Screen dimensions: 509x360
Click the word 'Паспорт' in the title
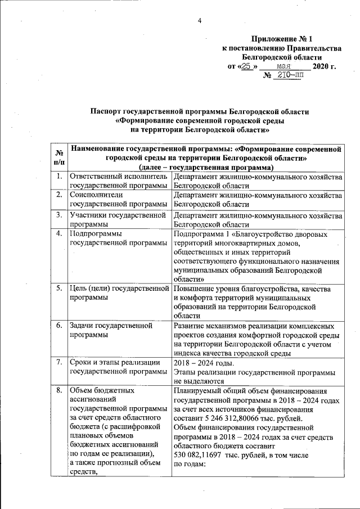(109, 111)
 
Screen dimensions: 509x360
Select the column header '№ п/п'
(58, 157)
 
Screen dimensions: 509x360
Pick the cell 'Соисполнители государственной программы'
(118, 199)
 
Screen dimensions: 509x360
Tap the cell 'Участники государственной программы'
(118, 219)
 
